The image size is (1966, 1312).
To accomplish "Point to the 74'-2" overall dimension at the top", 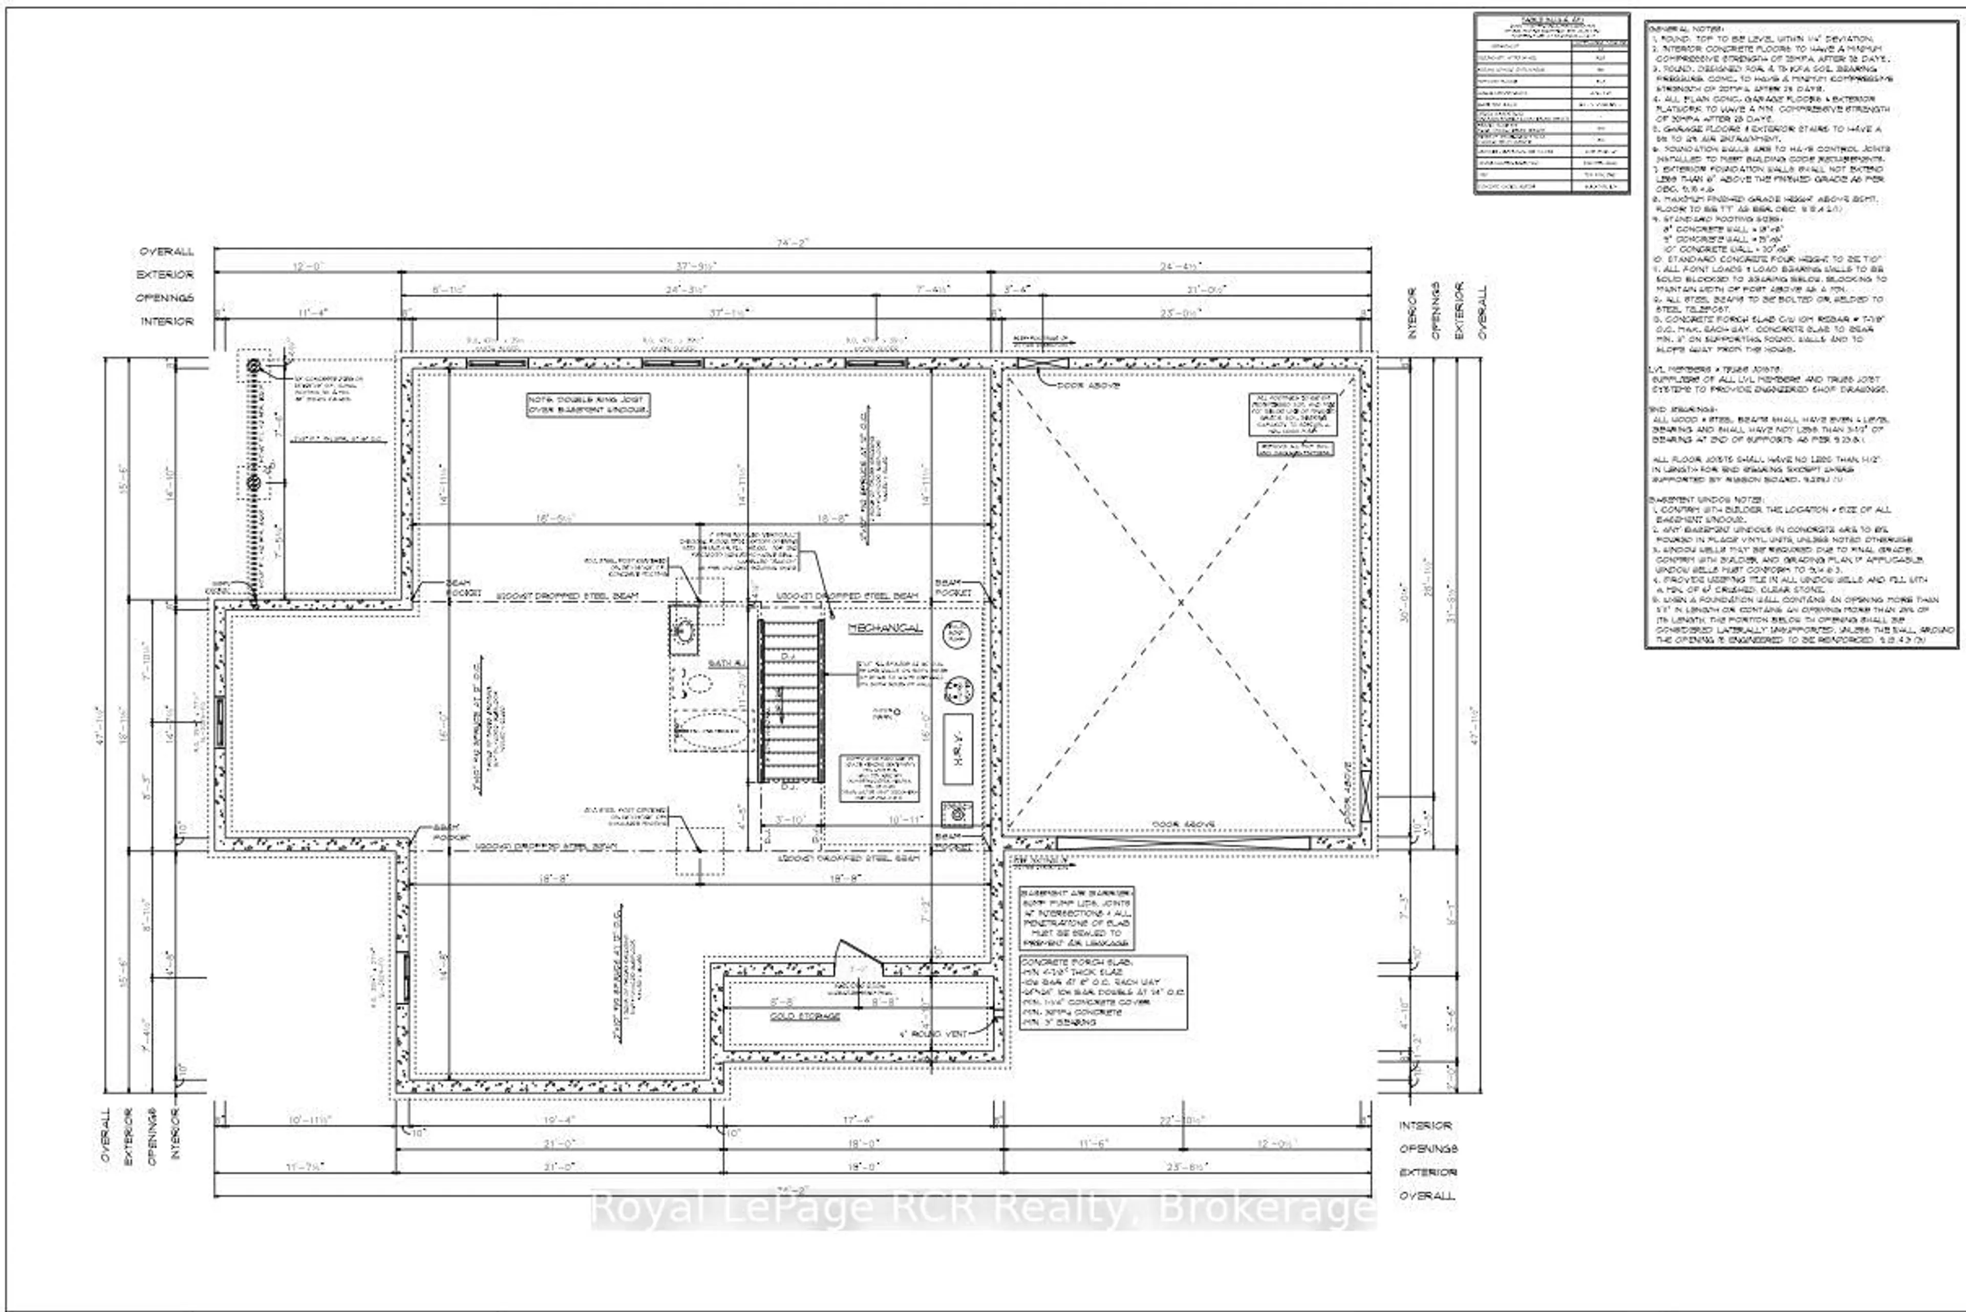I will (792, 243).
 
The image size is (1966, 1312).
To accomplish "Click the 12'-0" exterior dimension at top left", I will (307, 266).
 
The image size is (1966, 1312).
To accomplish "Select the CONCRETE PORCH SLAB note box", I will (1102, 992).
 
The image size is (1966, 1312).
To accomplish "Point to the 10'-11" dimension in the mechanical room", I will (905, 820).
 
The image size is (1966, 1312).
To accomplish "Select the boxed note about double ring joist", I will (587, 405).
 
